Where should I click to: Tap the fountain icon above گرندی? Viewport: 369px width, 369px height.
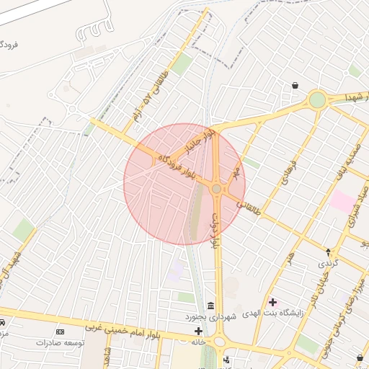point(329,252)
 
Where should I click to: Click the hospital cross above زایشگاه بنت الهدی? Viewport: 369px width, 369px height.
point(272,301)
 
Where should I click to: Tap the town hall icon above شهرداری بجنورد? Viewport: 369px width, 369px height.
point(210,306)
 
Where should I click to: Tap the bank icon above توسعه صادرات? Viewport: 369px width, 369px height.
point(60,332)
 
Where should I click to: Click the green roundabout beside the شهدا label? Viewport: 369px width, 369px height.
point(317,99)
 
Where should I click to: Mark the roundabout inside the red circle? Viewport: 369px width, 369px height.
point(216,189)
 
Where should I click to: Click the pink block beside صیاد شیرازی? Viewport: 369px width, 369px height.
point(342,201)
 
